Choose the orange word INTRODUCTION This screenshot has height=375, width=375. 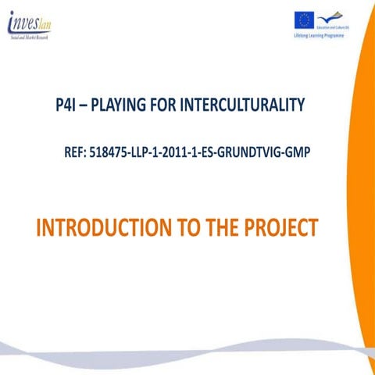(x=100, y=230)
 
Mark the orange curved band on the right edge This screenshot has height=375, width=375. (x=363, y=203)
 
